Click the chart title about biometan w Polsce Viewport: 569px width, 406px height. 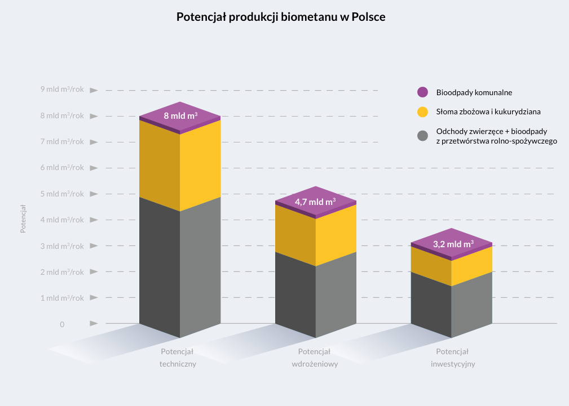point(281,17)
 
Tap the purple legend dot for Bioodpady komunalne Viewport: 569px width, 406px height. point(423,92)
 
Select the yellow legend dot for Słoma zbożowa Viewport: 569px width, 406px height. point(423,111)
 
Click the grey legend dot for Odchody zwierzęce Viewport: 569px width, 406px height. point(423,136)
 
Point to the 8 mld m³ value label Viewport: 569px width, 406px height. point(180,116)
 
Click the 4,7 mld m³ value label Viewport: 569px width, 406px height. point(315,200)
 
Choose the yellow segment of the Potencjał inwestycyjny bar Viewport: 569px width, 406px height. point(452,265)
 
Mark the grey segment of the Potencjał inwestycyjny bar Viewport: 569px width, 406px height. point(452,307)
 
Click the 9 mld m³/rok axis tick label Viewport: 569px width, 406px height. point(62,89)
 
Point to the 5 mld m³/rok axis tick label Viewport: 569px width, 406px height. point(62,194)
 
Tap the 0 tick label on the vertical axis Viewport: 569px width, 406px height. point(62,324)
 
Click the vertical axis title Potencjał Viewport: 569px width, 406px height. point(23,218)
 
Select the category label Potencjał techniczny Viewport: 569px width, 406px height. point(178,358)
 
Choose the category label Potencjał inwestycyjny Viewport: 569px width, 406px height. point(453,358)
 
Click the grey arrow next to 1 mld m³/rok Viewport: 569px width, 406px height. point(94,298)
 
